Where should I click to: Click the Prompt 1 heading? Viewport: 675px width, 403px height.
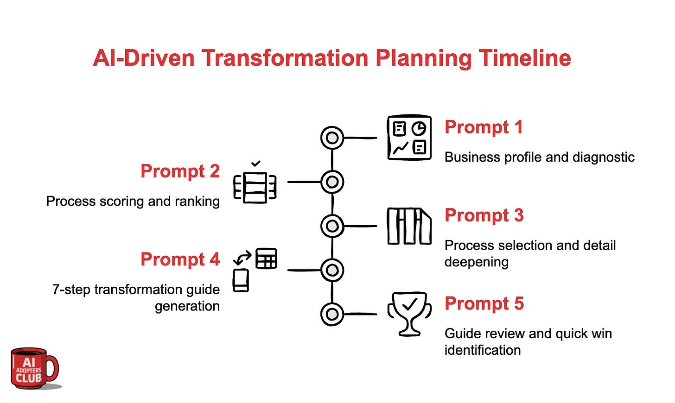click(484, 127)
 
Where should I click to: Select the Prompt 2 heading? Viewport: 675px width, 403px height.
click(180, 171)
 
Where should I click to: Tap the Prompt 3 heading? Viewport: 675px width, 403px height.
click(484, 215)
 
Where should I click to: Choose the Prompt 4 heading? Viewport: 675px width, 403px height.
click(180, 259)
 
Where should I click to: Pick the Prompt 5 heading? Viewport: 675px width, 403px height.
click(484, 304)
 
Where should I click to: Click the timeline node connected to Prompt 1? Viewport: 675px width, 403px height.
click(332, 138)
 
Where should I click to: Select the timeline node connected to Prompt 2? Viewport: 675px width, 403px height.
click(332, 182)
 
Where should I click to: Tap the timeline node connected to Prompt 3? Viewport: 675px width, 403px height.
click(332, 226)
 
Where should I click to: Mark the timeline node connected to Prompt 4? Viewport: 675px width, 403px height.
click(332, 270)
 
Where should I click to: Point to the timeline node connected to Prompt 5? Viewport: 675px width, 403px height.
click(332, 314)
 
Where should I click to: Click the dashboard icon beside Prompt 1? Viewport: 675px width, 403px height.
click(409, 138)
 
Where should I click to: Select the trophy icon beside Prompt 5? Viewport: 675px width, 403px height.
click(409, 313)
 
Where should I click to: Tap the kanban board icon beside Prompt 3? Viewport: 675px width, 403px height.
click(409, 226)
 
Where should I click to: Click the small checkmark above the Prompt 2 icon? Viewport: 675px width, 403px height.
click(255, 164)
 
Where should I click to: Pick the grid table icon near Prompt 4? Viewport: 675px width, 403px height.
click(266, 258)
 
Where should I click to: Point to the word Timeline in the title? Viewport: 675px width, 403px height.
click(525, 58)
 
